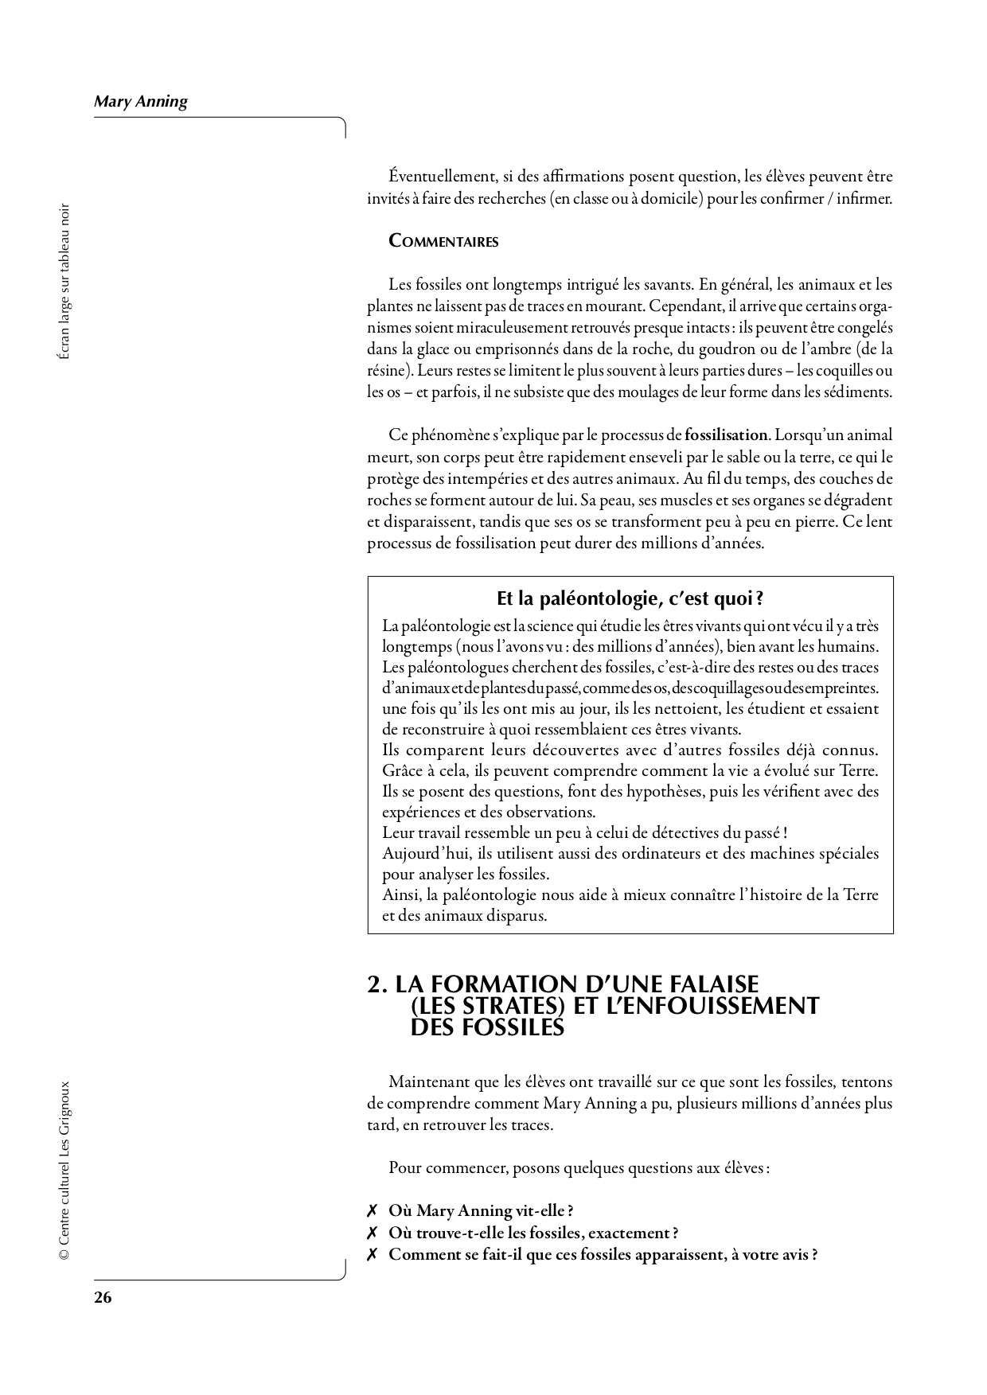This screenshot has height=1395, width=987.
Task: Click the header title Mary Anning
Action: pyautogui.click(x=141, y=102)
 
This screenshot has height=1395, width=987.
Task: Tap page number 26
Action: pyautogui.click(x=103, y=1297)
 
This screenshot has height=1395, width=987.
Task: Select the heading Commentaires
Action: pyautogui.click(x=443, y=242)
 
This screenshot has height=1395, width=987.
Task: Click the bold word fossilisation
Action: pyautogui.click(x=727, y=435)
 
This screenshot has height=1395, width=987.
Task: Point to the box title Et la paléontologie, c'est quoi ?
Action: pyautogui.click(x=630, y=598)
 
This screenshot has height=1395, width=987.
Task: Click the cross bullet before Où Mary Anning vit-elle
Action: pyautogui.click(x=372, y=1211)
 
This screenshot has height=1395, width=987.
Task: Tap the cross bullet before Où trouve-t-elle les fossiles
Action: pyautogui.click(x=372, y=1233)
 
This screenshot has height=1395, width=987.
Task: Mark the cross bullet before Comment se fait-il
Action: pyautogui.click(x=372, y=1256)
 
